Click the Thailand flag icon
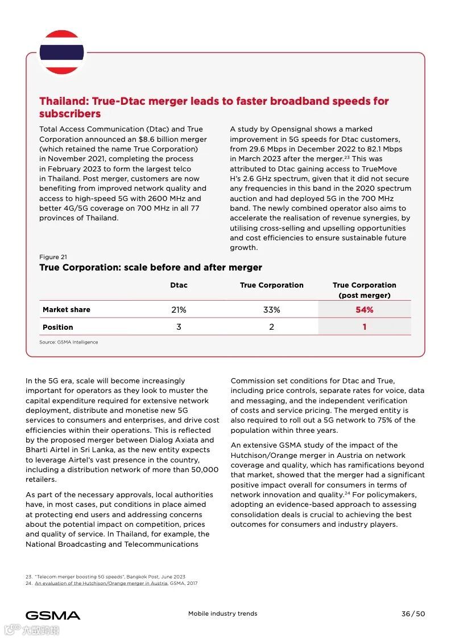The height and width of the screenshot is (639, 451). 61,52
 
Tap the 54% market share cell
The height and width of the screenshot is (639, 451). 364,310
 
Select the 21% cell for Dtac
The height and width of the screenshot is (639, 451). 179,310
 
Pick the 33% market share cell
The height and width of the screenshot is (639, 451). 271,310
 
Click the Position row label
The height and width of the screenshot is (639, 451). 57,327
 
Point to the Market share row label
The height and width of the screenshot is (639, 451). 66,310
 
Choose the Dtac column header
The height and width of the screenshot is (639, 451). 179,285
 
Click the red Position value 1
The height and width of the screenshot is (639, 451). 364,327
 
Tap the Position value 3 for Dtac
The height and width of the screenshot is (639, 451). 179,327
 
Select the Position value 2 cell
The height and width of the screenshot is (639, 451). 271,327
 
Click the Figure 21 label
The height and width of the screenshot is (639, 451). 53,257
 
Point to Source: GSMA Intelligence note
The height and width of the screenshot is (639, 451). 68,342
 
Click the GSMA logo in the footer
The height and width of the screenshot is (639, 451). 53,615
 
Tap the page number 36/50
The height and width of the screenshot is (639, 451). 413,614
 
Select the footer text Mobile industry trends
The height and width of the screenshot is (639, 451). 222,614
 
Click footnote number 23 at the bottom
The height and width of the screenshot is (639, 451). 28,577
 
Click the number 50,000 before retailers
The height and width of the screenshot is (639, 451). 204,470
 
